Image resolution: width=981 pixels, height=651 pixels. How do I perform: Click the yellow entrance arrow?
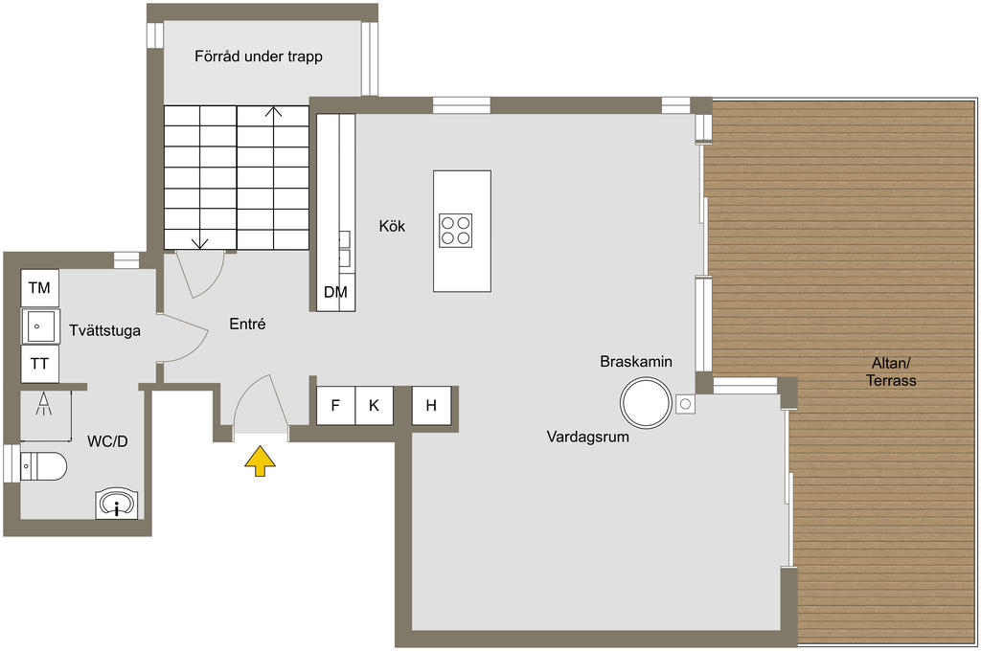pos(260,461)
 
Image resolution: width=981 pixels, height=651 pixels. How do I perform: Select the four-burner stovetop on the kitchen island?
pos(455,231)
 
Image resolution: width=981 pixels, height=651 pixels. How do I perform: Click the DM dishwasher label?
pos(335,293)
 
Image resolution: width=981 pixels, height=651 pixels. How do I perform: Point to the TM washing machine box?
pos(39,288)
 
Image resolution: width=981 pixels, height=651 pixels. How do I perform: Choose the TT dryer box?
pos(39,364)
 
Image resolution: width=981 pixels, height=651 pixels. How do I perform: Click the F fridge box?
pos(335,405)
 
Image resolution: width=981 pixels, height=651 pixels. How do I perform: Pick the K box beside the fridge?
pos(374,405)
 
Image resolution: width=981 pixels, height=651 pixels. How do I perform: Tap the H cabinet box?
pos(431,405)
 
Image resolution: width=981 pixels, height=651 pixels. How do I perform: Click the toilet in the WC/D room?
pos(42,466)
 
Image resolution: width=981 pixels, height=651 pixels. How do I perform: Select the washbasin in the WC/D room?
pos(117,504)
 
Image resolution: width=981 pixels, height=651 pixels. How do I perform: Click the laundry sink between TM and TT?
pos(39,325)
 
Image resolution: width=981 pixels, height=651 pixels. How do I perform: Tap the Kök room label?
pos(392,227)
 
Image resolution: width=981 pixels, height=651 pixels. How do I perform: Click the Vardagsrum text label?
pos(587,437)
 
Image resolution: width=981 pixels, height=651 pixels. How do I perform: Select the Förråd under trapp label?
pos(259,56)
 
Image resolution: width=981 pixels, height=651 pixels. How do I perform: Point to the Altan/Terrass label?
pos(893,371)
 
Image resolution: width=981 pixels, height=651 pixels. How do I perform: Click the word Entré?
pos(247,325)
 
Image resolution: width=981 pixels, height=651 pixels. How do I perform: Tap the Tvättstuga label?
pos(105,331)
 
